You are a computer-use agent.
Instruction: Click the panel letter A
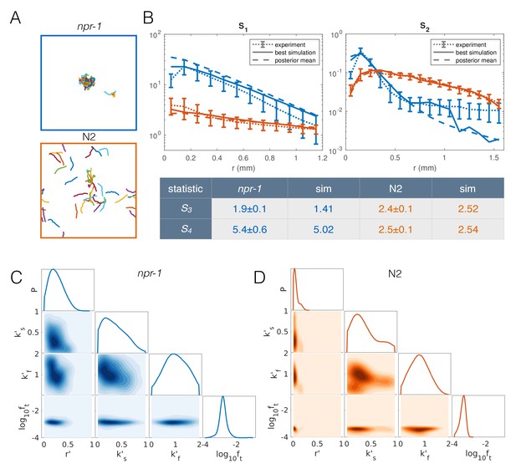tap(15, 18)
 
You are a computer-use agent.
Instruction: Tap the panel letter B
tap(148, 18)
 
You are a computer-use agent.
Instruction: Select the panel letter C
tap(16, 278)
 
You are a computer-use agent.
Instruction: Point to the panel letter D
tap(260, 278)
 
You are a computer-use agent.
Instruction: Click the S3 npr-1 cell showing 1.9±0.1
tap(249, 209)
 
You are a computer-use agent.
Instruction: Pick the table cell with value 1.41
tap(323, 209)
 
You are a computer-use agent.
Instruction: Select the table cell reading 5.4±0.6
tap(249, 230)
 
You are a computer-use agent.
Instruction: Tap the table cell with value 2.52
tap(467, 209)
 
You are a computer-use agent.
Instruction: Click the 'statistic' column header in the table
tap(186, 189)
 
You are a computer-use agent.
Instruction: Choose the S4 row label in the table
tap(186, 229)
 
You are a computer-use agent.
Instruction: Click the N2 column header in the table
tap(396, 188)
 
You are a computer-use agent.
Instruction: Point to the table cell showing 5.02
tap(323, 230)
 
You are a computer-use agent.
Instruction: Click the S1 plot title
tap(243, 27)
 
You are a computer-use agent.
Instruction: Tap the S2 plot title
tap(425, 26)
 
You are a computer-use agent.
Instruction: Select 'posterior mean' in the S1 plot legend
tap(295, 60)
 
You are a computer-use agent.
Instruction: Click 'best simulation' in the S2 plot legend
tap(476, 53)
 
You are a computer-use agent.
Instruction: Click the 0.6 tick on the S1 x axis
tap(243, 158)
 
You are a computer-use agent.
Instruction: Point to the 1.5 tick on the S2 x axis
tap(493, 158)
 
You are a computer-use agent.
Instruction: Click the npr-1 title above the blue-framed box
tap(89, 27)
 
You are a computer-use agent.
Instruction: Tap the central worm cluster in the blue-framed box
tap(87, 81)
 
